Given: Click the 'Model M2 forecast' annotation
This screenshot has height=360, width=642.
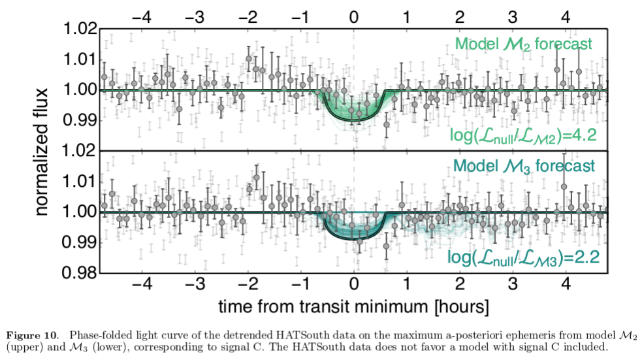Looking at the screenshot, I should click(x=523, y=44).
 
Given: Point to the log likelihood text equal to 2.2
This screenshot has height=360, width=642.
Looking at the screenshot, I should click(x=524, y=257).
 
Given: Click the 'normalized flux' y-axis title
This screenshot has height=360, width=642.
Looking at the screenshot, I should click(x=43, y=151).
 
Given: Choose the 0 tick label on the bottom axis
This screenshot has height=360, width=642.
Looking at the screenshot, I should click(x=353, y=286).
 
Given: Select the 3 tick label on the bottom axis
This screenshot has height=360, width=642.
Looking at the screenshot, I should click(x=513, y=286).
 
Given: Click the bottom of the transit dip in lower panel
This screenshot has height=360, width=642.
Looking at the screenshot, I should click(x=354, y=239).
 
